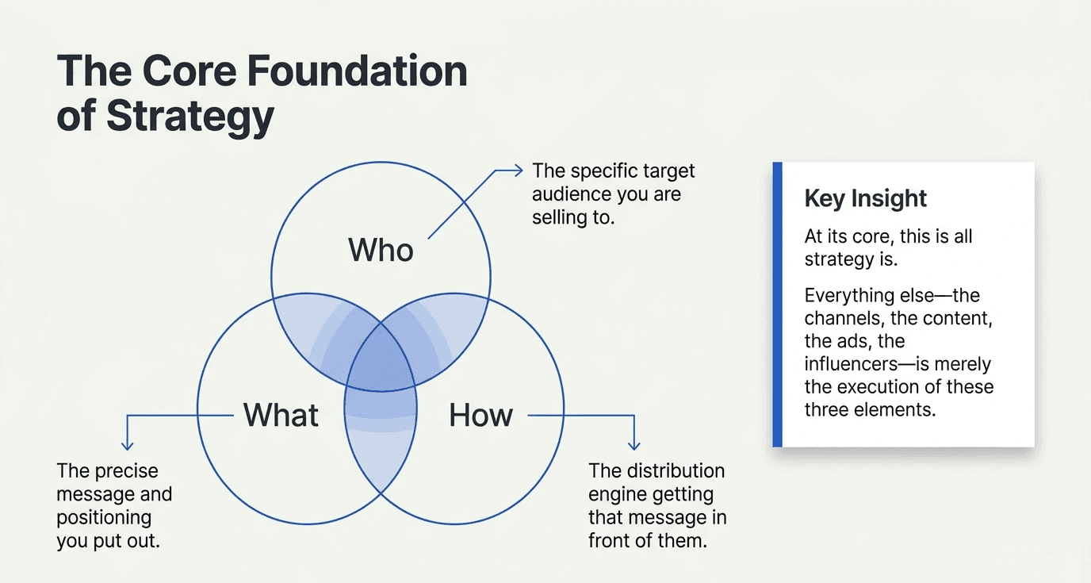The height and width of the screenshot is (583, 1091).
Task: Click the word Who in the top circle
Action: pyautogui.click(x=381, y=251)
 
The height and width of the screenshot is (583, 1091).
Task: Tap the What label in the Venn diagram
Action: pyautogui.click(x=281, y=415)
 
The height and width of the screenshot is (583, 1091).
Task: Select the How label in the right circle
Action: pyautogui.click(x=480, y=415)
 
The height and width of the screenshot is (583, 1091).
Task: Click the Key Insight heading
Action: pyautogui.click(x=865, y=198)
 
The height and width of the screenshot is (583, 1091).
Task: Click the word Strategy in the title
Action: pyautogui.click(x=189, y=116)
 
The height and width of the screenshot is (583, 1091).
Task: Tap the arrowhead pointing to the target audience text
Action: pyautogui.click(x=518, y=170)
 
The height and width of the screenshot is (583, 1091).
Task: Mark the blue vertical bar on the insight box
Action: pyautogui.click(x=777, y=305)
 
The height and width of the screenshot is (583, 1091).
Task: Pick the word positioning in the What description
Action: pyautogui.click(x=104, y=518)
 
